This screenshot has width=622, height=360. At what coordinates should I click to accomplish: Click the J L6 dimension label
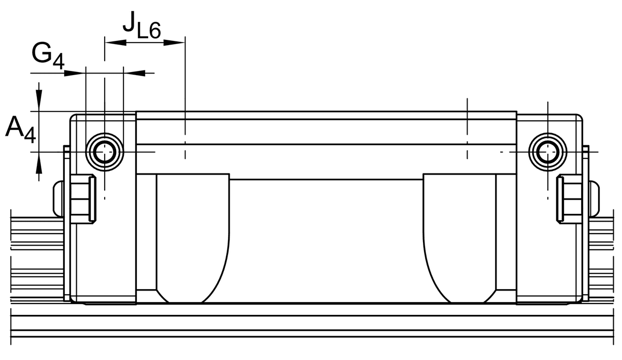coord(142,25)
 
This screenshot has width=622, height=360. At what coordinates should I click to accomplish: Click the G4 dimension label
coord(48,56)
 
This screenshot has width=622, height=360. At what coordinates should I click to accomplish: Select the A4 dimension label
coord(21,129)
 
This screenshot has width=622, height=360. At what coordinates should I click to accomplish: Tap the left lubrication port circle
coord(105,152)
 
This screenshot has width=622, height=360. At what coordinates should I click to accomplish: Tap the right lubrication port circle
coord(547,152)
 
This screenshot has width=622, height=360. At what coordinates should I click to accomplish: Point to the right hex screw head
coord(569,199)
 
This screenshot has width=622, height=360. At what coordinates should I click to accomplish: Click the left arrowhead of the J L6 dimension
coord(116,42)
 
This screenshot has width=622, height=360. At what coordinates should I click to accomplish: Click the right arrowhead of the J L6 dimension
coord(174,42)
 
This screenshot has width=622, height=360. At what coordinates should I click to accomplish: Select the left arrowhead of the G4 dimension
coord(75,73)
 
